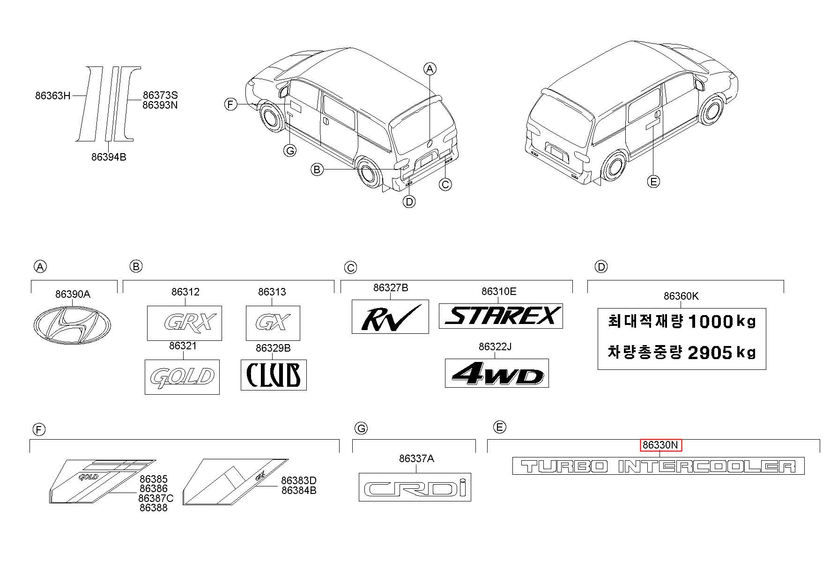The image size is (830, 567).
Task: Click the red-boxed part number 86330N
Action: click(x=660, y=445)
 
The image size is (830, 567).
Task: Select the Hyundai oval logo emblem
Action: click(x=72, y=324)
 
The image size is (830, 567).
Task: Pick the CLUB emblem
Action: click(x=274, y=375)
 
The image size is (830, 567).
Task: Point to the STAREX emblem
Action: click(x=501, y=316)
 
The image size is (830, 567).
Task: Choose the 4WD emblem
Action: click(x=497, y=373)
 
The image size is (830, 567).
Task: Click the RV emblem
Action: click(x=390, y=317)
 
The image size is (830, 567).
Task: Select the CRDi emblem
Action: click(x=415, y=487)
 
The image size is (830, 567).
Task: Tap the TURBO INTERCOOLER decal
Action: click(x=658, y=466)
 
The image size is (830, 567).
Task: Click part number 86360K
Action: click(x=681, y=296)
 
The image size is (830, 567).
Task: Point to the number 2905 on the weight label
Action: click(x=709, y=353)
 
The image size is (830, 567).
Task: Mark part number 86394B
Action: click(x=109, y=157)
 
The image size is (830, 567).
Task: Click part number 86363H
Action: click(x=52, y=96)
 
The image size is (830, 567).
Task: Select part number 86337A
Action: click(x=416, y=459)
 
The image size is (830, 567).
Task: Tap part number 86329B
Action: click(x=273, y=348)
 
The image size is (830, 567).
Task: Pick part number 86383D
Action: click(x=299, y=480)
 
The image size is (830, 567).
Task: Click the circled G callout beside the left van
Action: click(x=290, y=151)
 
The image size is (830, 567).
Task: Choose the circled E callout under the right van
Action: click(x=653, y=181)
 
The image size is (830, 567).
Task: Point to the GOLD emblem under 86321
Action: click(x=182, y=377)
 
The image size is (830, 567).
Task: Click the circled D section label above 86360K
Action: click(x=600, y=267)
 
